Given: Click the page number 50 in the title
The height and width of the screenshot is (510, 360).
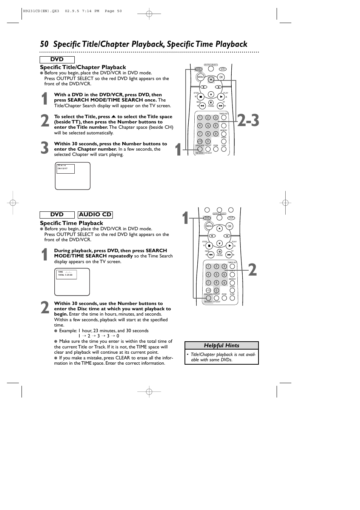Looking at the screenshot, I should [44, 44].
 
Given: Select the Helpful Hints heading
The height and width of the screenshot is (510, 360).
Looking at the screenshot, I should [222, 345].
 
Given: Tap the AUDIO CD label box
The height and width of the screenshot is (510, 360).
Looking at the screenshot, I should [95, 214].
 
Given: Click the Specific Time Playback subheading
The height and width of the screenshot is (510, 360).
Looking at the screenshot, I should [71, 223].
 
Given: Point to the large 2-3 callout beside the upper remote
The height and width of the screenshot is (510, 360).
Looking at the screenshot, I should [248, 120].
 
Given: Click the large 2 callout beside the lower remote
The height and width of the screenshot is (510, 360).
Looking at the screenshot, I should [252, 270].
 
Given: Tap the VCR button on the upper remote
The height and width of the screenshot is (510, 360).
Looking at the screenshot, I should [222, 69].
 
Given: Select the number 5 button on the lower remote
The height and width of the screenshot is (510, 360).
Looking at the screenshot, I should [216, 274].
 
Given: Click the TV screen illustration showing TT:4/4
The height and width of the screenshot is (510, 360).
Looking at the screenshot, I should [73, 176].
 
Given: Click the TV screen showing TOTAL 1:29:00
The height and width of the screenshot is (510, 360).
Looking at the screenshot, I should [72, 282].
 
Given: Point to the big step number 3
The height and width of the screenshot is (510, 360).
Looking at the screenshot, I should [45, 148].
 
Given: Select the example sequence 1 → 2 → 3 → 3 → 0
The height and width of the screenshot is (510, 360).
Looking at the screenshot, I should [98, 336].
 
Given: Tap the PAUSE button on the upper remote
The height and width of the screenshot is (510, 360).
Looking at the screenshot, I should [211, 102].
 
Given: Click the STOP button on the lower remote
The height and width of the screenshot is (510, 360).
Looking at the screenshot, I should [209, 246].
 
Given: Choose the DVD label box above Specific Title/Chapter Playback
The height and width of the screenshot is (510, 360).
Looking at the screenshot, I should [57, 60].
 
